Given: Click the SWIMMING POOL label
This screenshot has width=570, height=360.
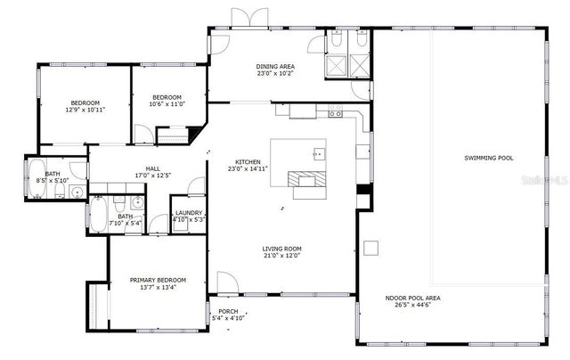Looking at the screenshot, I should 489,158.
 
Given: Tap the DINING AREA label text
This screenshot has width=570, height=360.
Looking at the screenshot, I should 275,67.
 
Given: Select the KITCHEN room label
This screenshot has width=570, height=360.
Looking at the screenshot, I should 247,161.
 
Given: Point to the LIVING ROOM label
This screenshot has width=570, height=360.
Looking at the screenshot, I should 281,249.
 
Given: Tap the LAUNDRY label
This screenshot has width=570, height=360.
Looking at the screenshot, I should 188,212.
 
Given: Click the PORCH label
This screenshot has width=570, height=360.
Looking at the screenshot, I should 228,311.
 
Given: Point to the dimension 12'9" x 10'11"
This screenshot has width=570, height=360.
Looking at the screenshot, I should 85,110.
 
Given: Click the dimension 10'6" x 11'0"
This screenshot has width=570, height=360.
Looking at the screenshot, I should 167,103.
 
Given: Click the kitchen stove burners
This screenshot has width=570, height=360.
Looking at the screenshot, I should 335,113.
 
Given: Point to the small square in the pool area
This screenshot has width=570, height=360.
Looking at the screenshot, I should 371,248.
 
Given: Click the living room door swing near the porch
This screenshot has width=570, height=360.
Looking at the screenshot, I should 219,304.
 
